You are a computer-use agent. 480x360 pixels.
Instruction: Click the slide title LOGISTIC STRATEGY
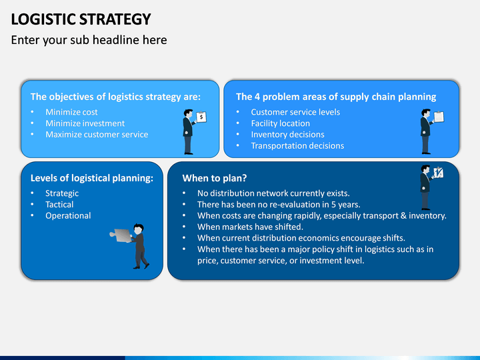[81, 19]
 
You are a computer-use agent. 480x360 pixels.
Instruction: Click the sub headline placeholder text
[89, 40]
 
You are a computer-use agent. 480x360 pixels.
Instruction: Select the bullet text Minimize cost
[71, 112]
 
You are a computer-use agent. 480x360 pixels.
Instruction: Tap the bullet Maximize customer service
[97, 135]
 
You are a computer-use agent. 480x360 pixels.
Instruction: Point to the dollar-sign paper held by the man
[201, 117]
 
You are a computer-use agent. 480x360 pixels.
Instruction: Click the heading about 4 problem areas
[336, 97]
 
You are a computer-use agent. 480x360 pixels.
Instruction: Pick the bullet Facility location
[280, 123]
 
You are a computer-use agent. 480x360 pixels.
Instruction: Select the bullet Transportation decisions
[297, 146]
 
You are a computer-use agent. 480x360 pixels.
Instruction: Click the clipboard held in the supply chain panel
[439, 116]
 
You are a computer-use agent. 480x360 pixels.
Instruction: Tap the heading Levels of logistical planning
[92, 178]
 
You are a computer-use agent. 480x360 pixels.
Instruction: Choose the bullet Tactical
[59, 205]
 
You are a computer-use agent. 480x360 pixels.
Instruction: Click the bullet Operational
[68, 216]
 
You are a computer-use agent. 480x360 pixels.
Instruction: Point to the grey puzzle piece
[121, 235]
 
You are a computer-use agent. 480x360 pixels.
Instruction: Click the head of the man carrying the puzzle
[139, 229]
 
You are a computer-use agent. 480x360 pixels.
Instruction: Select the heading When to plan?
[214, 178]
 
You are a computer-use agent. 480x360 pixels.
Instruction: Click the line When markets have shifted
[250, 227]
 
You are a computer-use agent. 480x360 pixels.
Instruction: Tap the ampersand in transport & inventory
[403, 215]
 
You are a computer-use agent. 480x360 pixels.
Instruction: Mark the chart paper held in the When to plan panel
[439, 173]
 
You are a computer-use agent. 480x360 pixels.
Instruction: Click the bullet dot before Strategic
[32, 193]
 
